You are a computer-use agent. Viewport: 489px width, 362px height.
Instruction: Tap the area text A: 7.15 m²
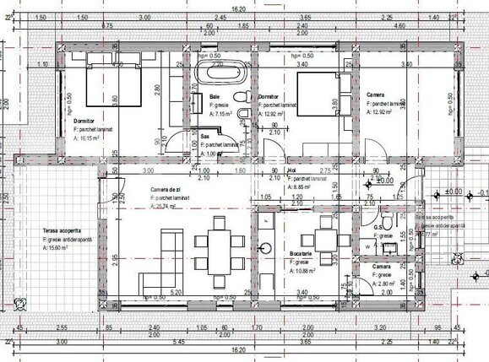click(x=224, y=113)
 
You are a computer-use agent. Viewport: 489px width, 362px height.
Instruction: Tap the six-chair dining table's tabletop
click(x=218, y=251)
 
